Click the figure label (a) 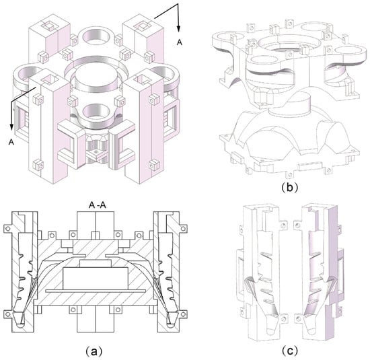coord(94,351)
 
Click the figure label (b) coord(289,187)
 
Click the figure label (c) coord(289,351)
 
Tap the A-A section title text coord(98,205)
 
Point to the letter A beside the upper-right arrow coord(180,42)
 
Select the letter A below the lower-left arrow coord(11,142)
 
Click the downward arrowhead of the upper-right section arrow coord(179,28)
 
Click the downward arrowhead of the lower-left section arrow coord(11,127)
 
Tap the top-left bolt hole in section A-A coord(7,229)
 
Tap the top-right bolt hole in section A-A coord(183,228)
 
